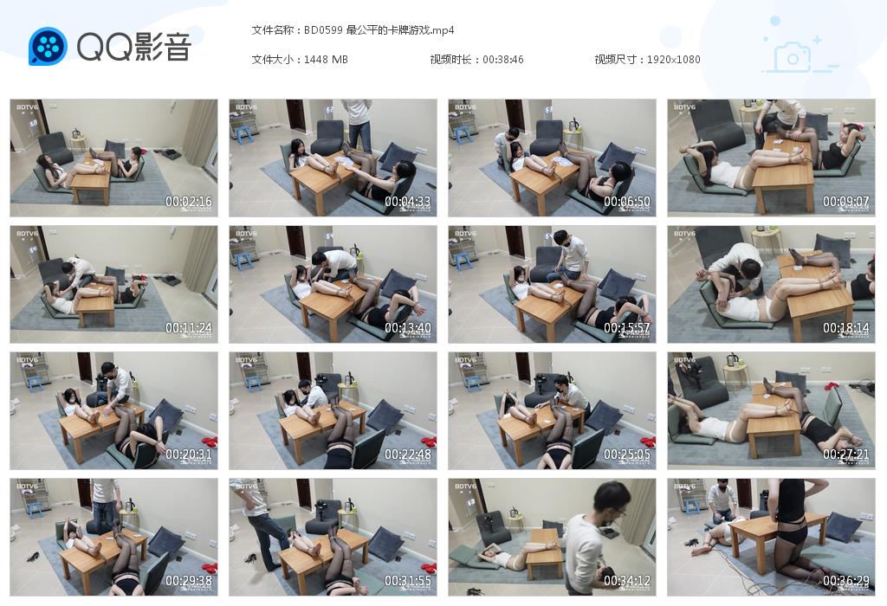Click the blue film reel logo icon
(48, 46)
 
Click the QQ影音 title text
(133, 47)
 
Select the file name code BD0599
(323, 30)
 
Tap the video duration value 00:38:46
(503, 60)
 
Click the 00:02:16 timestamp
(189, 202)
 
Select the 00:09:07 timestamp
(846, 202)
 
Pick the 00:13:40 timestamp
(408, 328)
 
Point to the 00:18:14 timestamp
(846, 328)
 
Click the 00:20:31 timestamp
(189, 455)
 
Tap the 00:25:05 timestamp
(627, 455)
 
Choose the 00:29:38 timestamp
(189, 581)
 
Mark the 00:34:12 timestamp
(627, 581)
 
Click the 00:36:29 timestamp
(846, 581)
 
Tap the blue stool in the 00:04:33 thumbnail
(243, 133)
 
